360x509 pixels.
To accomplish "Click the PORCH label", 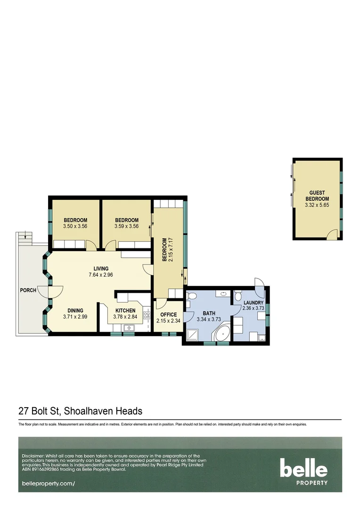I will (28, 290).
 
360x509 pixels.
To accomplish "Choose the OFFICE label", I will (168, 315).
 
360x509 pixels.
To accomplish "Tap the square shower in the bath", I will (192, 335).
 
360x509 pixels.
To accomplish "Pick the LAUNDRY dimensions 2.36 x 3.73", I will (254, 308).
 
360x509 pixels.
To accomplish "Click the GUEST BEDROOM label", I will (316, 196).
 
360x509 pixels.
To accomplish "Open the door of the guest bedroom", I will (333, 234).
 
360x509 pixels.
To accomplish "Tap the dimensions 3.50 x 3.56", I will (75, 226).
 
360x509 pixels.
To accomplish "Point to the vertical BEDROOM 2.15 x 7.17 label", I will (168, 250).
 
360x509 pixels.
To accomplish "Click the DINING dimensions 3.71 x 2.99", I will (75, 317).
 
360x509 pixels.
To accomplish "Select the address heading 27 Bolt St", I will (80, 411).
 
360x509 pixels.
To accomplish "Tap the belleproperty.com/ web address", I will (49, 484).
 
